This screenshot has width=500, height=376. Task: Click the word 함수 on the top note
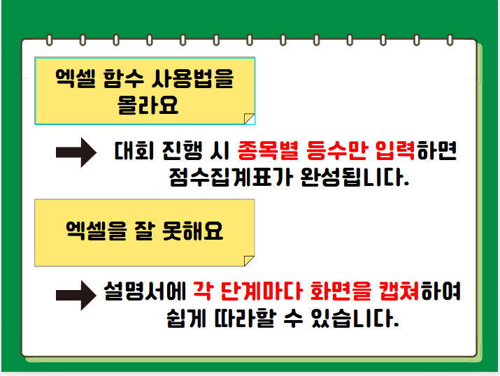point(123,78)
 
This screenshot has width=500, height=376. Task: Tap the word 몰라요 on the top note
point(148,105)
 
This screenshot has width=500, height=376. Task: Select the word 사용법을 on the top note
point(192,78)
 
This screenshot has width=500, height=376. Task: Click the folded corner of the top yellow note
point(250,119)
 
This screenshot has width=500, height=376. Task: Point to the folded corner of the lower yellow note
point(249,261)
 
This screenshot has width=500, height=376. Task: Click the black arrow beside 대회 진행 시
point(76,152)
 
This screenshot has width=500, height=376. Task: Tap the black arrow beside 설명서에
point(76,296)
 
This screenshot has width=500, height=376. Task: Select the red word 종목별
point(268,150)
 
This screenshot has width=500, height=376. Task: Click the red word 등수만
point(337,150)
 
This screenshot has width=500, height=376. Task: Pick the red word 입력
point(395,150)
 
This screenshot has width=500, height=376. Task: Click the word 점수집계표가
point(231,177)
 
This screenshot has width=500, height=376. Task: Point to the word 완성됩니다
point(355,177)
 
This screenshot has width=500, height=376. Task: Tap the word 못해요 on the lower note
point(192,231)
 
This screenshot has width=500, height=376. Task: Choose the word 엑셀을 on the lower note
point(97,231)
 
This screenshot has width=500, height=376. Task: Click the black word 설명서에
point(145,291)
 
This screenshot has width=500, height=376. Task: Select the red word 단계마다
point(261,291)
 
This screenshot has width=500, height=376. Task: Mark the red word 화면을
point(341,291)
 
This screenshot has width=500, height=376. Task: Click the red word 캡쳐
point(399,291)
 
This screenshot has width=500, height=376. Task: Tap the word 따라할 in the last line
point(245,318)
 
